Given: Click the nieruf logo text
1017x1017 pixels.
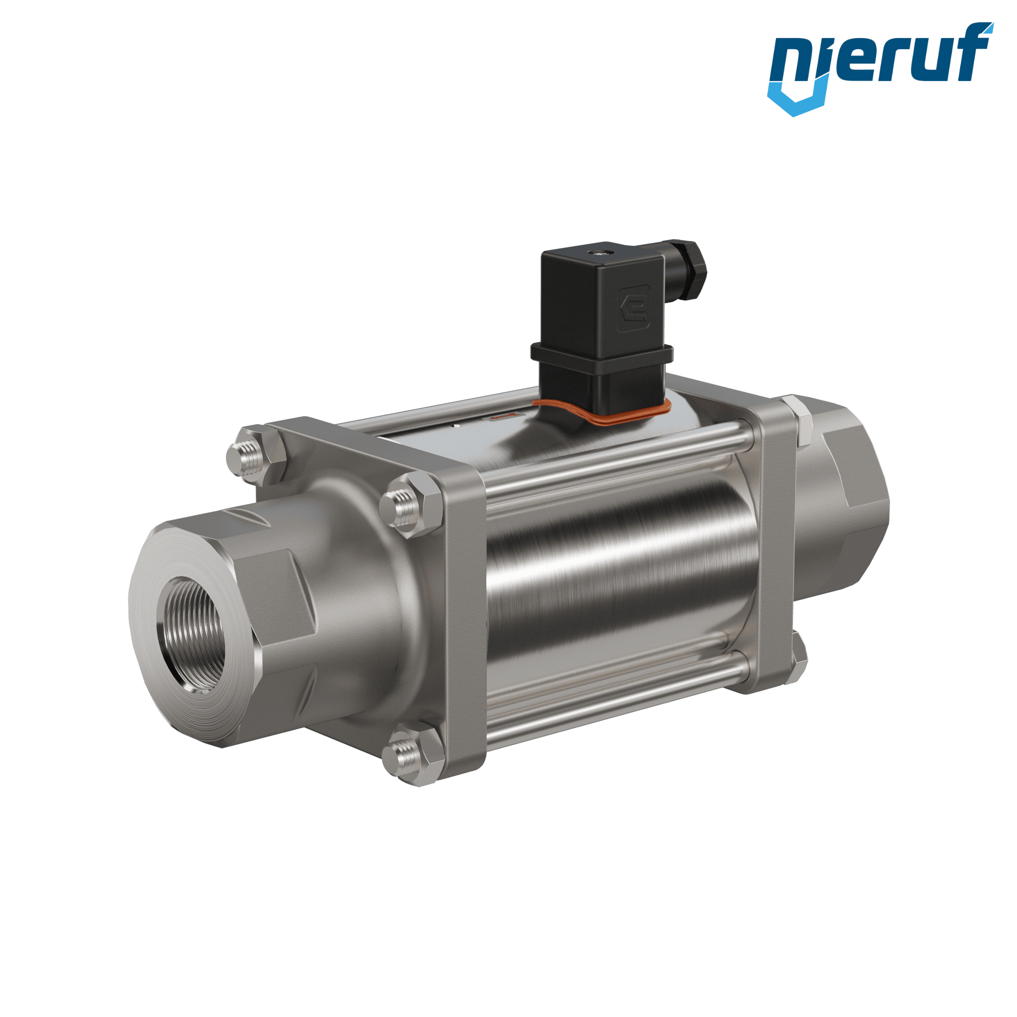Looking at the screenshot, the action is [x=880, y=58].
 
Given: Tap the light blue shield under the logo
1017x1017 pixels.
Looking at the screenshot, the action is [x=796, y=98].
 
